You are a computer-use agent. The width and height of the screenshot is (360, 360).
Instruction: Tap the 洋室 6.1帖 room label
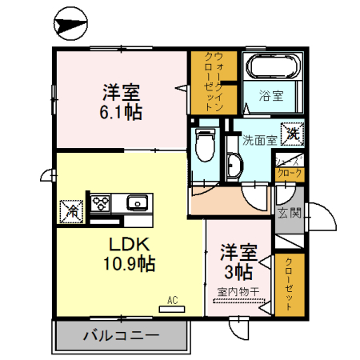click(122, 101)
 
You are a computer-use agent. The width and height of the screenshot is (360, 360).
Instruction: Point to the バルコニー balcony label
click(121, 335)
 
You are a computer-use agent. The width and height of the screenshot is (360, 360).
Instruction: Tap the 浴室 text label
click(270, 97)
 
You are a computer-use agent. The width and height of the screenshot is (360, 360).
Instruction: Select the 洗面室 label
click(259, 139)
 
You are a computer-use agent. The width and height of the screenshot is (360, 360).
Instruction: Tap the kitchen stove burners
click(102, 202)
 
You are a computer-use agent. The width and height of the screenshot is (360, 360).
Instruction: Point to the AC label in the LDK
click(171, 301)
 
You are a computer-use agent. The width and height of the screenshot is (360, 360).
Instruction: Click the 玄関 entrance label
click(288, 213)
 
